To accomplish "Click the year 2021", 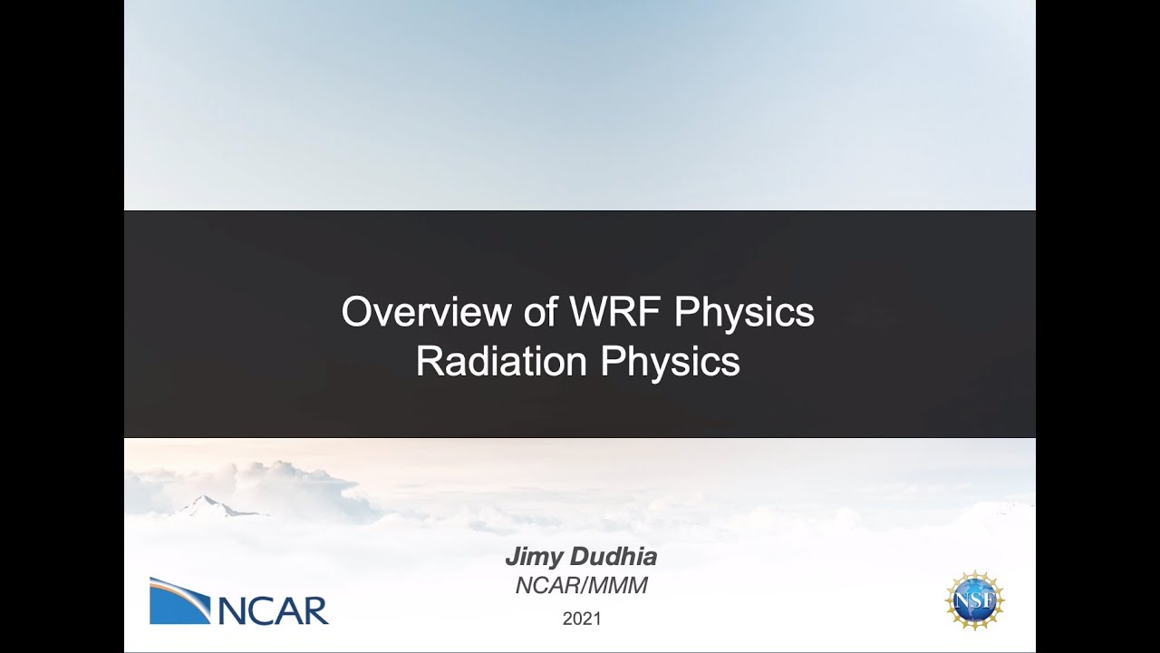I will click(x=581, y=619).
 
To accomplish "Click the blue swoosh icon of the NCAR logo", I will click(x=179, y=600).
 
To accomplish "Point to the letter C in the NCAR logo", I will click(x=266, y=610).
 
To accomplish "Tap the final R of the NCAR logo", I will click(x=314, y=610).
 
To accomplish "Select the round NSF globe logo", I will click(x=975, y=600).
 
